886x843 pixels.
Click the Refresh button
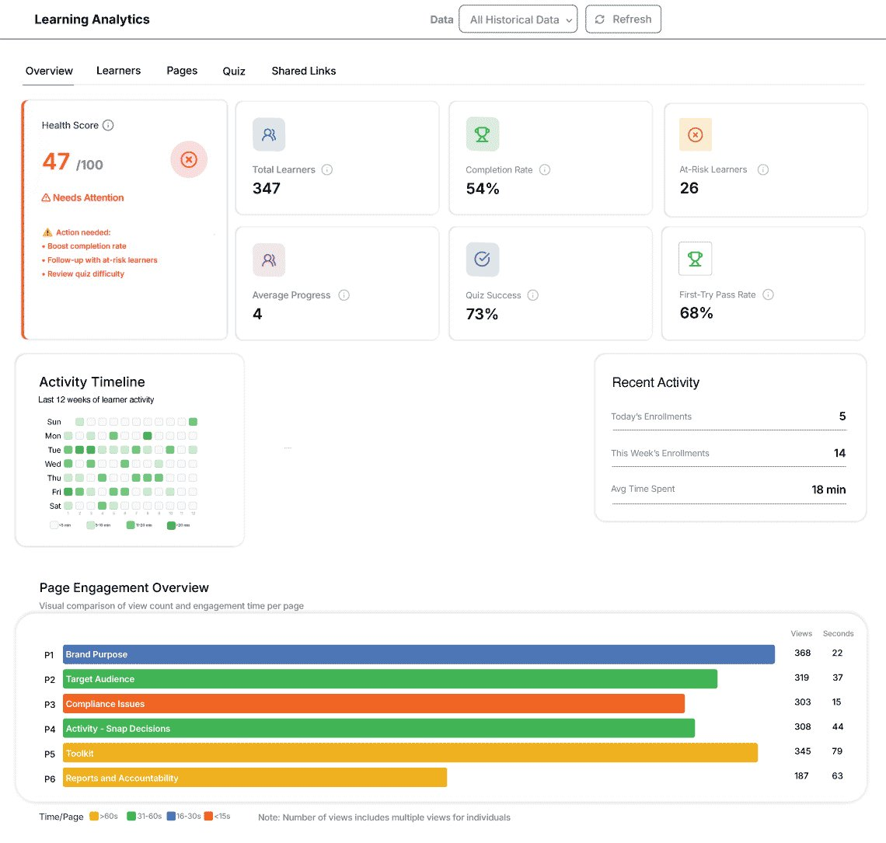pos(623,19)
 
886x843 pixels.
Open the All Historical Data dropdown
pos(518,19)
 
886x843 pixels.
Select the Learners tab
pos(118,71)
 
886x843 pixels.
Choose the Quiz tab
pos(234,71)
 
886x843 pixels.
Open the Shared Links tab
pos(304,71)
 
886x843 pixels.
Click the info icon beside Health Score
pos(109,125)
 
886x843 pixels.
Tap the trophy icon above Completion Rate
pos(482,134)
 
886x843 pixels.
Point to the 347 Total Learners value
pos(267,188)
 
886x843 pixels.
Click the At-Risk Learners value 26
pos(689,188)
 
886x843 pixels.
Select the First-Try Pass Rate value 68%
pos(696,313)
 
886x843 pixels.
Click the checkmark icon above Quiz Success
pos(482,260)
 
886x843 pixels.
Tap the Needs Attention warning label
pos(83,198)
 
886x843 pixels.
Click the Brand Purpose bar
pos(418,654)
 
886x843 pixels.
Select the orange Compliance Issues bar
pos(373,704)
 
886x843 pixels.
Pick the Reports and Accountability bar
pos(254,778)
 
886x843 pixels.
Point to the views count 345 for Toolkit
pos(803,751)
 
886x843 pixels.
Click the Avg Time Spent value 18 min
pos(828,489)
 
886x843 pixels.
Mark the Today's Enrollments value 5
pos(842,416)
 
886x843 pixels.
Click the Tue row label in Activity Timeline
pos(54,450)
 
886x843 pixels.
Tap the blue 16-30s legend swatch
pos(171,817)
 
